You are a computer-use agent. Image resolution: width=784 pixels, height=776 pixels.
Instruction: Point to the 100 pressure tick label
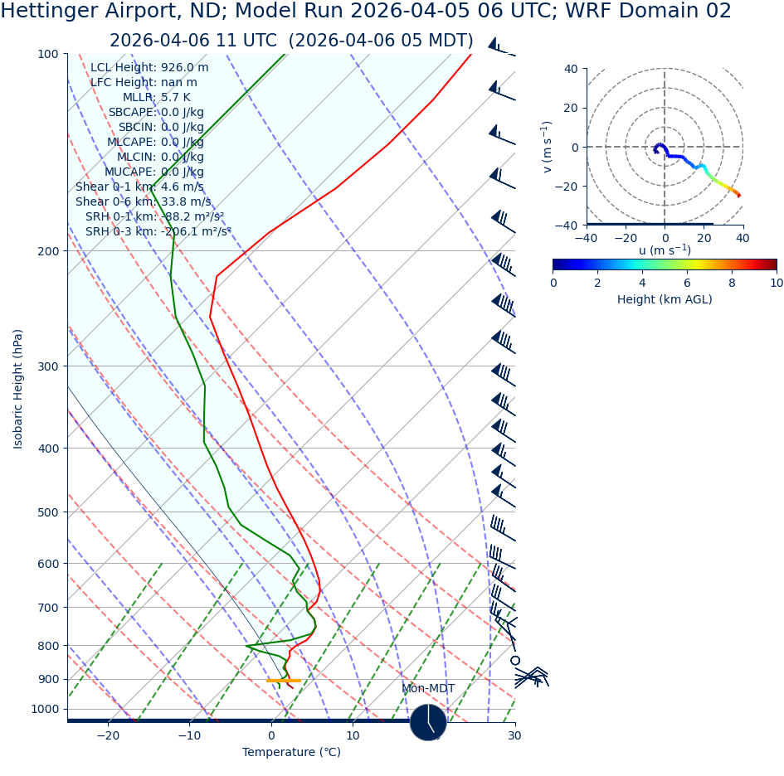click(x=48, y=54)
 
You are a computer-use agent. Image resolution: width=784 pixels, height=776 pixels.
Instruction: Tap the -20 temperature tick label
click(x=108, y=735)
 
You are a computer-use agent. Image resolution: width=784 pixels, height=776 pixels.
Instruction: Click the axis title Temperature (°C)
click(x=291, y=752)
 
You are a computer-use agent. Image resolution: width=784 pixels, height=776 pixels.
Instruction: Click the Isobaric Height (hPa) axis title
click(x=18, y=388)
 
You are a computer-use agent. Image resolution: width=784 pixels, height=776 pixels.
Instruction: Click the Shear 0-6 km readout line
click(x=143, y=201)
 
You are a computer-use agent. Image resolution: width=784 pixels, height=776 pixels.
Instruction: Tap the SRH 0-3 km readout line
click(x=158, y=231)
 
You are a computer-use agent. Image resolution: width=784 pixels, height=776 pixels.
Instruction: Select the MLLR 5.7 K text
click(x=156, y=98)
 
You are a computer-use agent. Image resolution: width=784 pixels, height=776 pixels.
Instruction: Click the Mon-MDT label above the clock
click(x=428, y=688)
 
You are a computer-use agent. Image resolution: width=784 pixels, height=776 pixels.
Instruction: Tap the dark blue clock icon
click(x=428, y=722)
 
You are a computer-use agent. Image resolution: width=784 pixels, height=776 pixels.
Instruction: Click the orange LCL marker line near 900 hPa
click(x=284, y=681)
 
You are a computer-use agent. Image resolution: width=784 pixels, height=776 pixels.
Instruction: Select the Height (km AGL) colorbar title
click(x=665, y=299)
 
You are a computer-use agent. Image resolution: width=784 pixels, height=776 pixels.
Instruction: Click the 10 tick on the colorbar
click(x=777, y=283)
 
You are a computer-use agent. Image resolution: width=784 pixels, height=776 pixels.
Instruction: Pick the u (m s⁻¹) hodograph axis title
click(x=665, y=250)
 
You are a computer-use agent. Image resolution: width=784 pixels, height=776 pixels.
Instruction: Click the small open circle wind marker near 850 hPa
click(x=515, y=660)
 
